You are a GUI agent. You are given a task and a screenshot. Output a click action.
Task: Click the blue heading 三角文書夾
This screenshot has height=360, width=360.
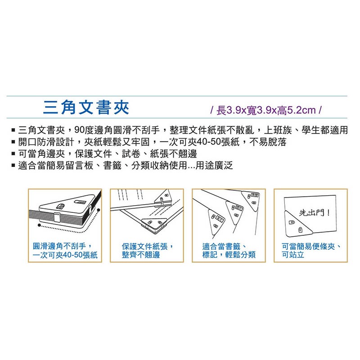click(x=86, y=108)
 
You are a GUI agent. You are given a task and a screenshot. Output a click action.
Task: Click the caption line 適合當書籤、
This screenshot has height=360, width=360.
click(x=223, y=246)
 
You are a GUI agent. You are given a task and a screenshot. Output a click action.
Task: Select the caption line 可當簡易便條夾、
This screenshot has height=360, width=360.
click(x=311, y=246)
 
